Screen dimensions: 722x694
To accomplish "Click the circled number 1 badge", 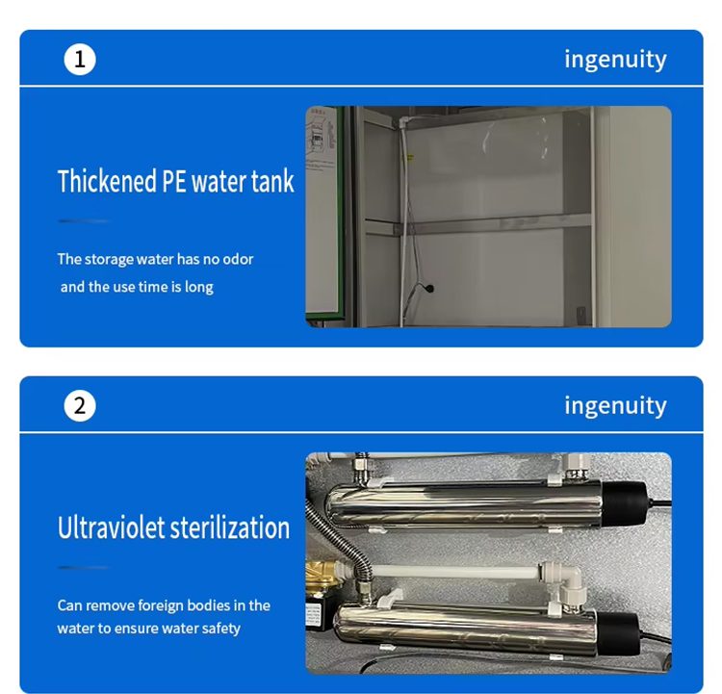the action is pos(80,60).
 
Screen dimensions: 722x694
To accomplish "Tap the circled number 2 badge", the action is pos(80,406).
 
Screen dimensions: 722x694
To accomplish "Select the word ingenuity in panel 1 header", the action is pos(615,60).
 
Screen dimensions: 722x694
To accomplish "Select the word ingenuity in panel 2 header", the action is pos(615,406).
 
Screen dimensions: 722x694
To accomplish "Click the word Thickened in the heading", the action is pos(107,181).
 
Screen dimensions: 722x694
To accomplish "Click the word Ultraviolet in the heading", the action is pos(111,527).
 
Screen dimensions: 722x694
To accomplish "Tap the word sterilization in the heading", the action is pos(230,527).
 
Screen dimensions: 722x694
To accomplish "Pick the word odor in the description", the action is pos(238,259).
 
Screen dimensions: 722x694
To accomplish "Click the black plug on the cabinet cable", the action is pos(429,289).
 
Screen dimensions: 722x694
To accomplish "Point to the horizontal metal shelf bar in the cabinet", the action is pos(477,224).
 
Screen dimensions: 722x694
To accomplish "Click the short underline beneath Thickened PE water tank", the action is pos(84,221).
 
